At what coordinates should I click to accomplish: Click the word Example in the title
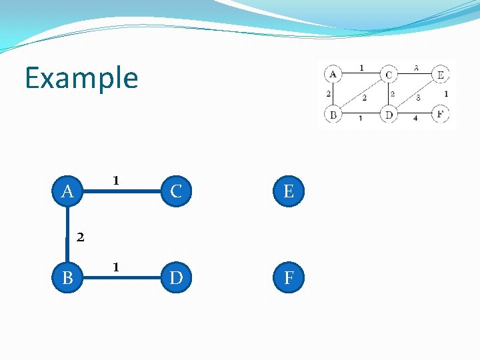click(81, 78)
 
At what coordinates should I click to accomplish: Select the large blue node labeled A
click(67, 192)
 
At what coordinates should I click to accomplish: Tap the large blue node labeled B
click(67, 277)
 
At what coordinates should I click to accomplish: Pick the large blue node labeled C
click(176, 192)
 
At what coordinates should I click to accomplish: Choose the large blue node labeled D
click(176, 277)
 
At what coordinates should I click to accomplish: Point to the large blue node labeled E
click(289, 192)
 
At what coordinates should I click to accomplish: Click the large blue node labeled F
click(289, 277)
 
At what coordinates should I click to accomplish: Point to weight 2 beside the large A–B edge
click(79, 236)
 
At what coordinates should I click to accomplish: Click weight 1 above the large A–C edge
click(116, 180)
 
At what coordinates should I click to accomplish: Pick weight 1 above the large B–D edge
click(116, 267)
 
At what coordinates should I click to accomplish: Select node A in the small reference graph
click(333, 73)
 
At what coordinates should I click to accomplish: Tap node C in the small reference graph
click(389, 74)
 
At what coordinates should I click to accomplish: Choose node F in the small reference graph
click(440, 114)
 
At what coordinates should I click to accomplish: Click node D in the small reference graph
click(389, 115)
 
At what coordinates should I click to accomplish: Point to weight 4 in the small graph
click(415, 119)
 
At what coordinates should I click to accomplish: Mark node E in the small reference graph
click(440, 74)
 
